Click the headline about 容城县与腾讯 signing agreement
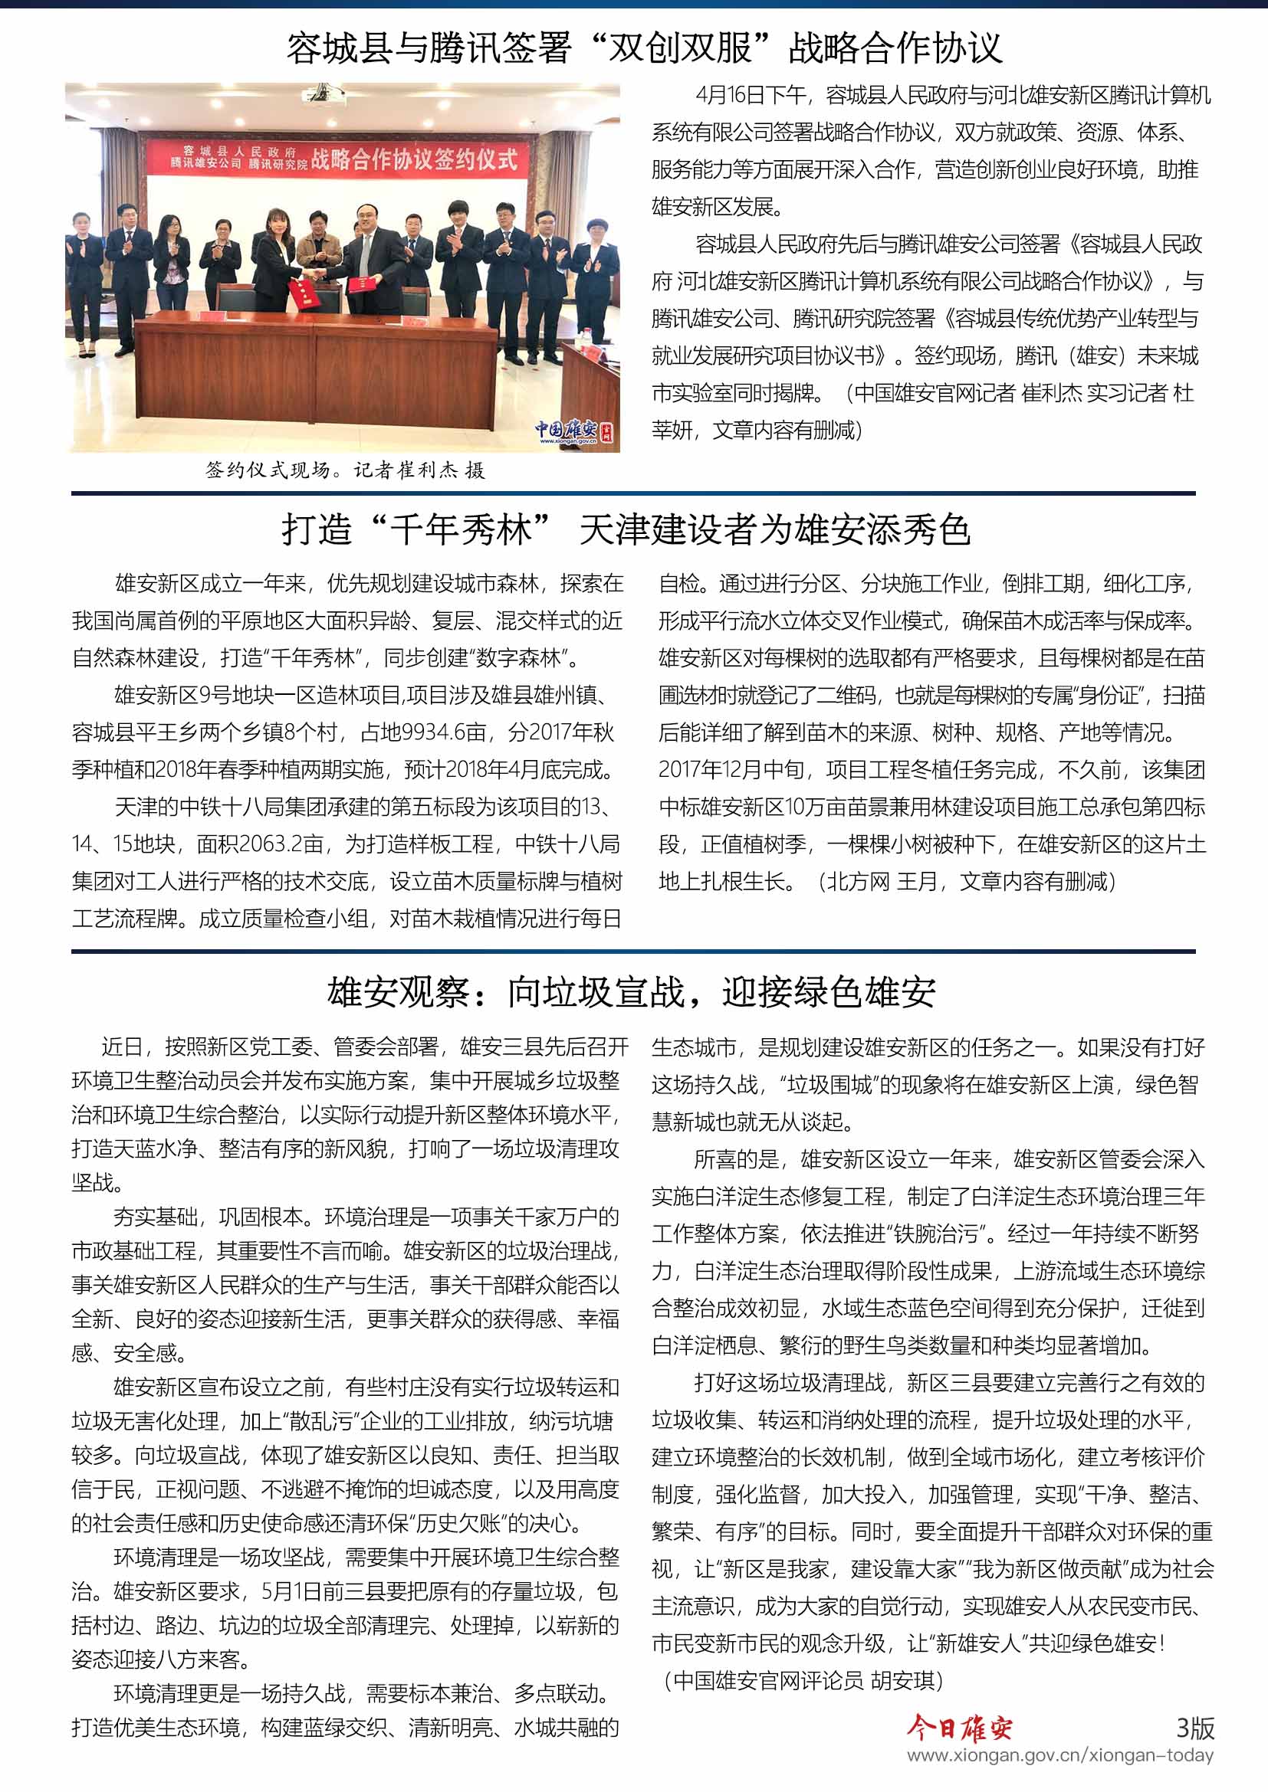(x=644, y=48)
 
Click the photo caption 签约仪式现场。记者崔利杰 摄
(x=345, y=470)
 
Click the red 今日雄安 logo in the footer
(x=959, y=1728)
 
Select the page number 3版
(x=1194, y=1728)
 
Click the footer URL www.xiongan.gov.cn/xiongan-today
(x=1059, y=1756)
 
